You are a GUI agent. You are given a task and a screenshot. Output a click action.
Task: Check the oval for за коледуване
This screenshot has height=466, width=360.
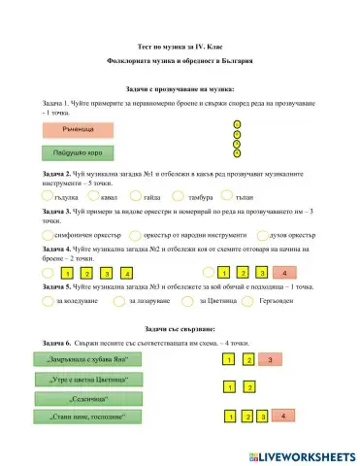(49, 301)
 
